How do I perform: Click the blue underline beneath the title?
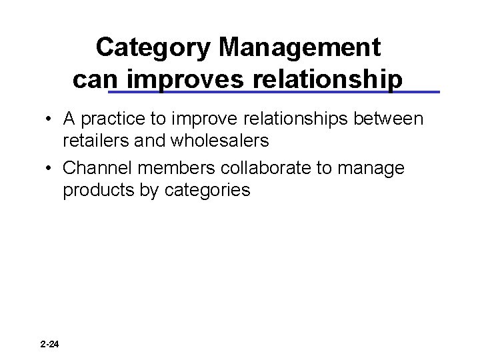tap(273, 91)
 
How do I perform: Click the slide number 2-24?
tap(49, 345)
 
